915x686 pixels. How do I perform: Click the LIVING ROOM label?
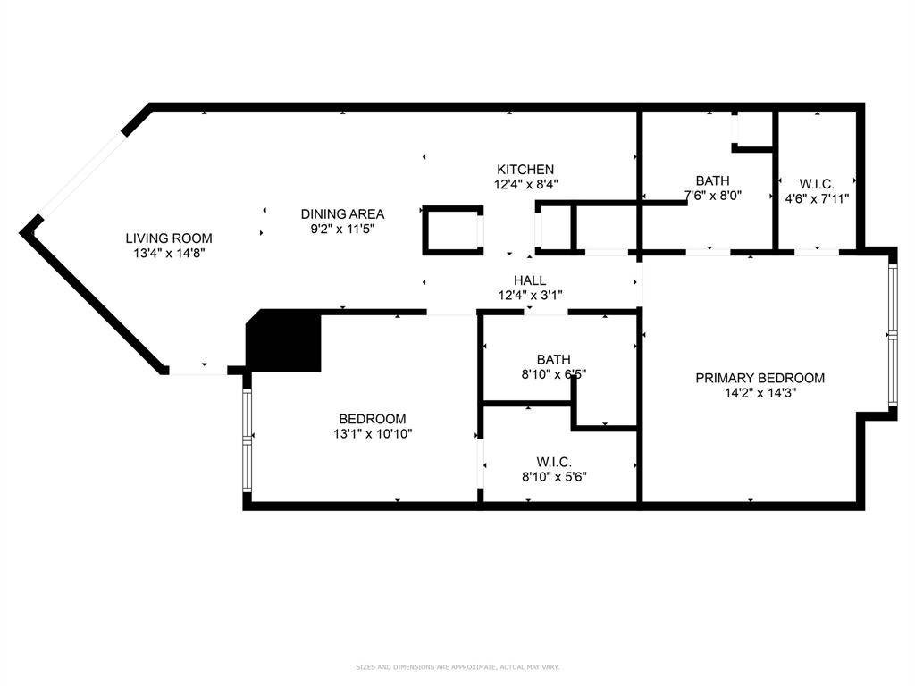coord(169,238)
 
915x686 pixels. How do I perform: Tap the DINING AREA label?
coord(342,213)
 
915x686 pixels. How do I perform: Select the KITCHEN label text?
coord(525,169)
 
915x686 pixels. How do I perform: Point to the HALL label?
coord(530,280)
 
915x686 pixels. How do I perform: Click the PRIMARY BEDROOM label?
coord(760,378)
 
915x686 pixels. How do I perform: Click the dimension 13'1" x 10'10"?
coord(372,434)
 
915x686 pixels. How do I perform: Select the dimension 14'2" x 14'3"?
coord(760,393)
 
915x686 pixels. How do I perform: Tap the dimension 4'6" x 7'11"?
coord(817,198)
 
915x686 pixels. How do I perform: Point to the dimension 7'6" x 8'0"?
coord(712,196)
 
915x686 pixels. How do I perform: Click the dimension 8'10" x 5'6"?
coord(554,476)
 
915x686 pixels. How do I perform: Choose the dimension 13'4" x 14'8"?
coord(169,253)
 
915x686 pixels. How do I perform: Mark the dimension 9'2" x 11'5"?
coord(342,229)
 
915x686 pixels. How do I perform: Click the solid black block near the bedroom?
coord(285,342)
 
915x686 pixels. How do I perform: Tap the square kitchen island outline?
coord(453,230)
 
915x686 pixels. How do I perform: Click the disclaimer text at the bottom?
coord(457,666)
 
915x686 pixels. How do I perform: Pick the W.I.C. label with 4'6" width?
coord(817,183)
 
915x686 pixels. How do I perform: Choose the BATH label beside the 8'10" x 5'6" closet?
coord(554,360)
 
